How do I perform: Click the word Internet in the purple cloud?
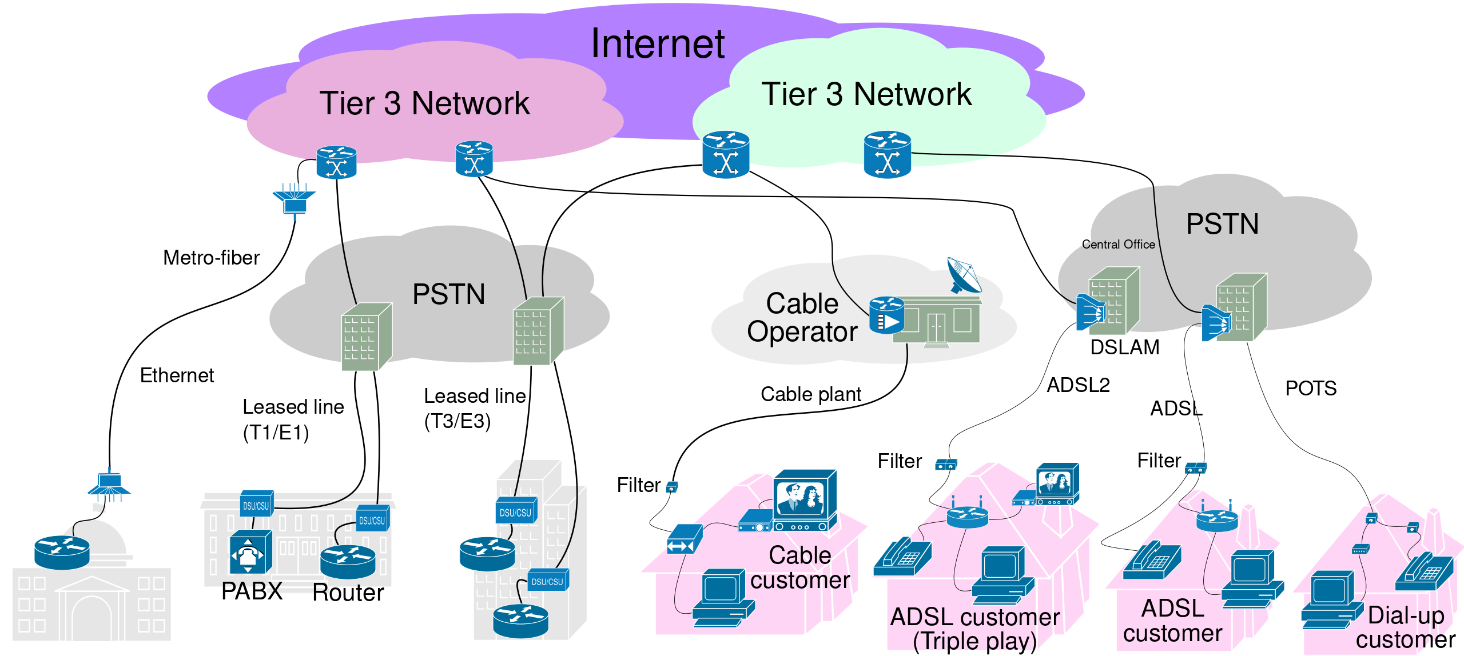pos(658,44)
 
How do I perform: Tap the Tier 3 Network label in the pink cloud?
pos(424,103)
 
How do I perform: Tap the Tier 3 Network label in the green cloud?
pos(866,94)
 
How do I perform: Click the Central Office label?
pos(1119,245)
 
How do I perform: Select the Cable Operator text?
pos(802,318)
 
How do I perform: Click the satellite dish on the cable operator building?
pos(964,274)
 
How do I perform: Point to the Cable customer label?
pos(800,567)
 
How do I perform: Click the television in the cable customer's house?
pos(805,500)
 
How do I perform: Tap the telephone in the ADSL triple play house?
pos(902,555)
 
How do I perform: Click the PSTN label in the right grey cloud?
pos(1222,224)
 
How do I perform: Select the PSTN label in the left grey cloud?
pos(448,295)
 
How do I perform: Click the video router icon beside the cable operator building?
pos(886,315)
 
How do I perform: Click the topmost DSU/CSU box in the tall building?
pos(515,511)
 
